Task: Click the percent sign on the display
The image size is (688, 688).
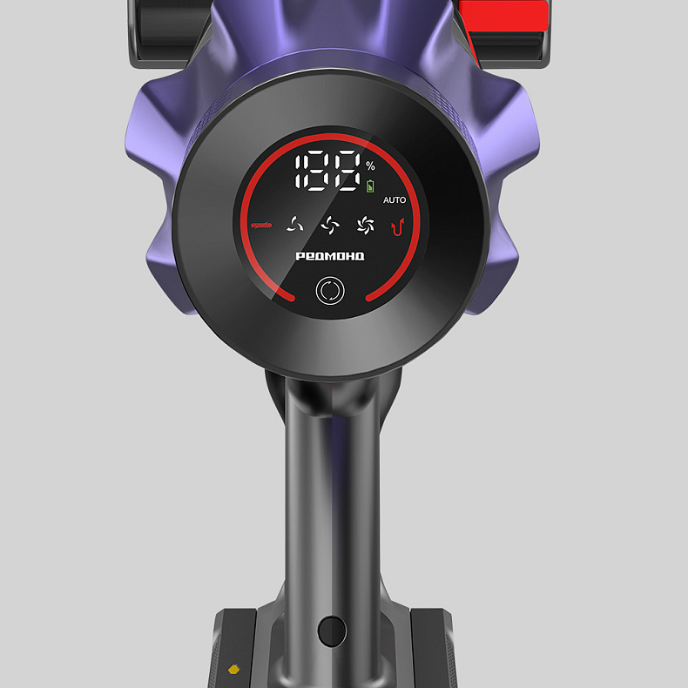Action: click(371, 165)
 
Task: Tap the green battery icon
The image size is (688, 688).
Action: click(371, 186)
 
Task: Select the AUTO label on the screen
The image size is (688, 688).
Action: click(395, 200)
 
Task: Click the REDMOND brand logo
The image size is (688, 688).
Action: click(330, 256)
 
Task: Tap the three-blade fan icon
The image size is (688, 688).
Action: click(295, 225)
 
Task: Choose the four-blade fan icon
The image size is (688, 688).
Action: click(330, 226)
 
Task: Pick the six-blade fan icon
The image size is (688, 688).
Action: click(365, 226)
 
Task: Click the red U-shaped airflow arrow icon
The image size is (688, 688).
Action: click(397, 226)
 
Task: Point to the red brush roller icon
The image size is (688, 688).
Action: click(261, 226)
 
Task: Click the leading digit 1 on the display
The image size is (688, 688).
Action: click(299, 171)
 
